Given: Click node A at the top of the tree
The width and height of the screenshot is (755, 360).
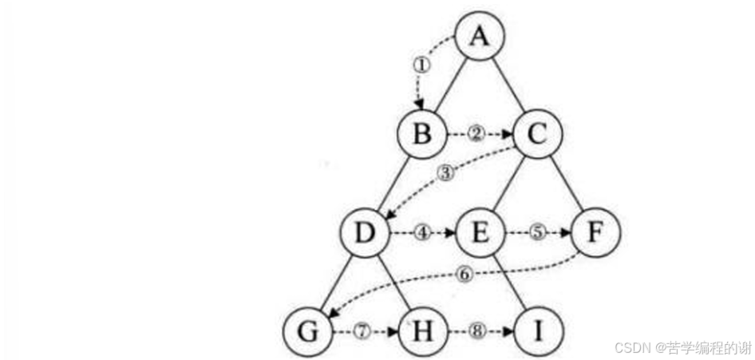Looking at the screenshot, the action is click(x=479, y=37).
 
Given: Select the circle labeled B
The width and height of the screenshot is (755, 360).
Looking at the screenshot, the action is click(x=421, y=134).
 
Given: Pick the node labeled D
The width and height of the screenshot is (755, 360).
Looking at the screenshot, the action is click(x=364, y=234).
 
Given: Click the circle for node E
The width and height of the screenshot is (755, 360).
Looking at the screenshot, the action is click(x=480, y=234).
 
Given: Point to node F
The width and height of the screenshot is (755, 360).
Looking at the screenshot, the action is click(x=595, y=234).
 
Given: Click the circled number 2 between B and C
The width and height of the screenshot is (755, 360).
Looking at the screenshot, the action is click(x=476, y=134).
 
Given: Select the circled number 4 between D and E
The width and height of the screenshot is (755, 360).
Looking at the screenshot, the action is click(x=421, y=233).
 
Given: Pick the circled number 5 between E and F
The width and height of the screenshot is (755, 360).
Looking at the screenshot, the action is click(x=537, y=233).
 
